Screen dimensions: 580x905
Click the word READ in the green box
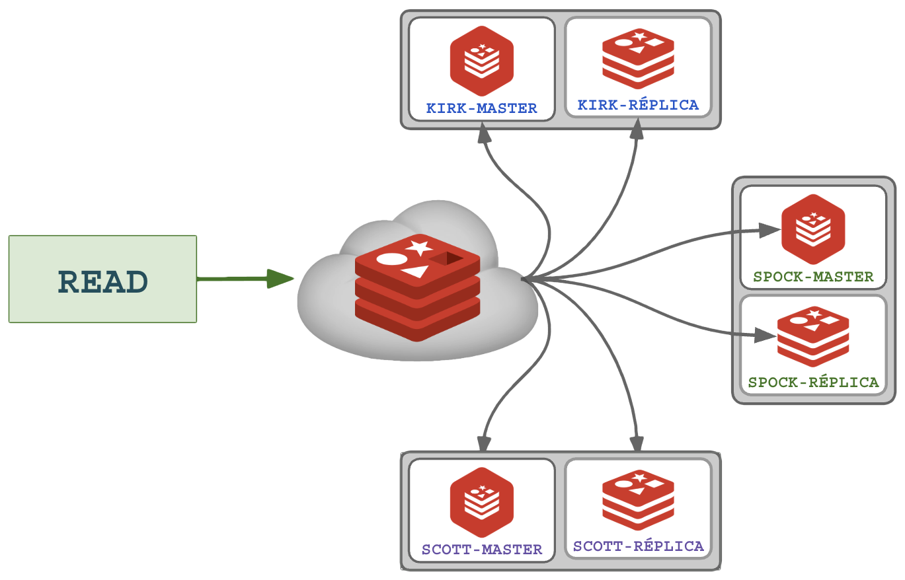click(x=102, y=282)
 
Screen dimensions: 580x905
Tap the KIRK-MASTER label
click(x=481, y=108)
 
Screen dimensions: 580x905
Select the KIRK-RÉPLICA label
click(x=638, y=105)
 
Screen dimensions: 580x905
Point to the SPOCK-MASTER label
click(x=813, y=277)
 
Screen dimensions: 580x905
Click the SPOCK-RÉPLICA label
click(x=813, y=382)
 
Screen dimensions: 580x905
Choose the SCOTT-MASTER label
click(x=481, y=550)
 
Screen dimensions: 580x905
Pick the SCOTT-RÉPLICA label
click(x=638, y=546)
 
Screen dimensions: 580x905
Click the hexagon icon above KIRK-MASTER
click(x=482, y=61)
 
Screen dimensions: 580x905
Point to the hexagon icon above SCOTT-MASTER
click(x=482, y=502)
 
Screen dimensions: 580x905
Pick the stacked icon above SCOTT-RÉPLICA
click(x=638, y=500)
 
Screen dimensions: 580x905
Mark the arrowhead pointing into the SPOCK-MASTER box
click(x=768, y=230)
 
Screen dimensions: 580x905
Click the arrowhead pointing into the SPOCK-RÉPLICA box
click(x=766, y=336)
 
